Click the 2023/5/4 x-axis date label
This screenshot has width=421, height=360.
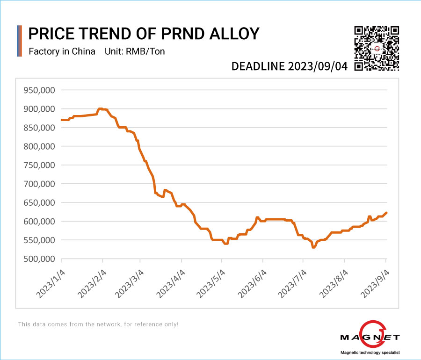coord(210,282)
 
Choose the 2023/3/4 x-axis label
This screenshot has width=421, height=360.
coord(130,282)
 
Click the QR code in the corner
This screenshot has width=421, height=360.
coord(377,48)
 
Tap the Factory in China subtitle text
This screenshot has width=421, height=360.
coord(62,51)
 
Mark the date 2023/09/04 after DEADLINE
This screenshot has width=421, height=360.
coord(318,66)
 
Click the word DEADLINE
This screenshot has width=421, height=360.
coord(259,66)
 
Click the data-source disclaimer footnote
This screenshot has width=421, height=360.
coord(98,324)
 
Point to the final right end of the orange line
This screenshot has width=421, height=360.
coord(386,213)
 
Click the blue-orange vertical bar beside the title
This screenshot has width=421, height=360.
coord(19,41)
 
